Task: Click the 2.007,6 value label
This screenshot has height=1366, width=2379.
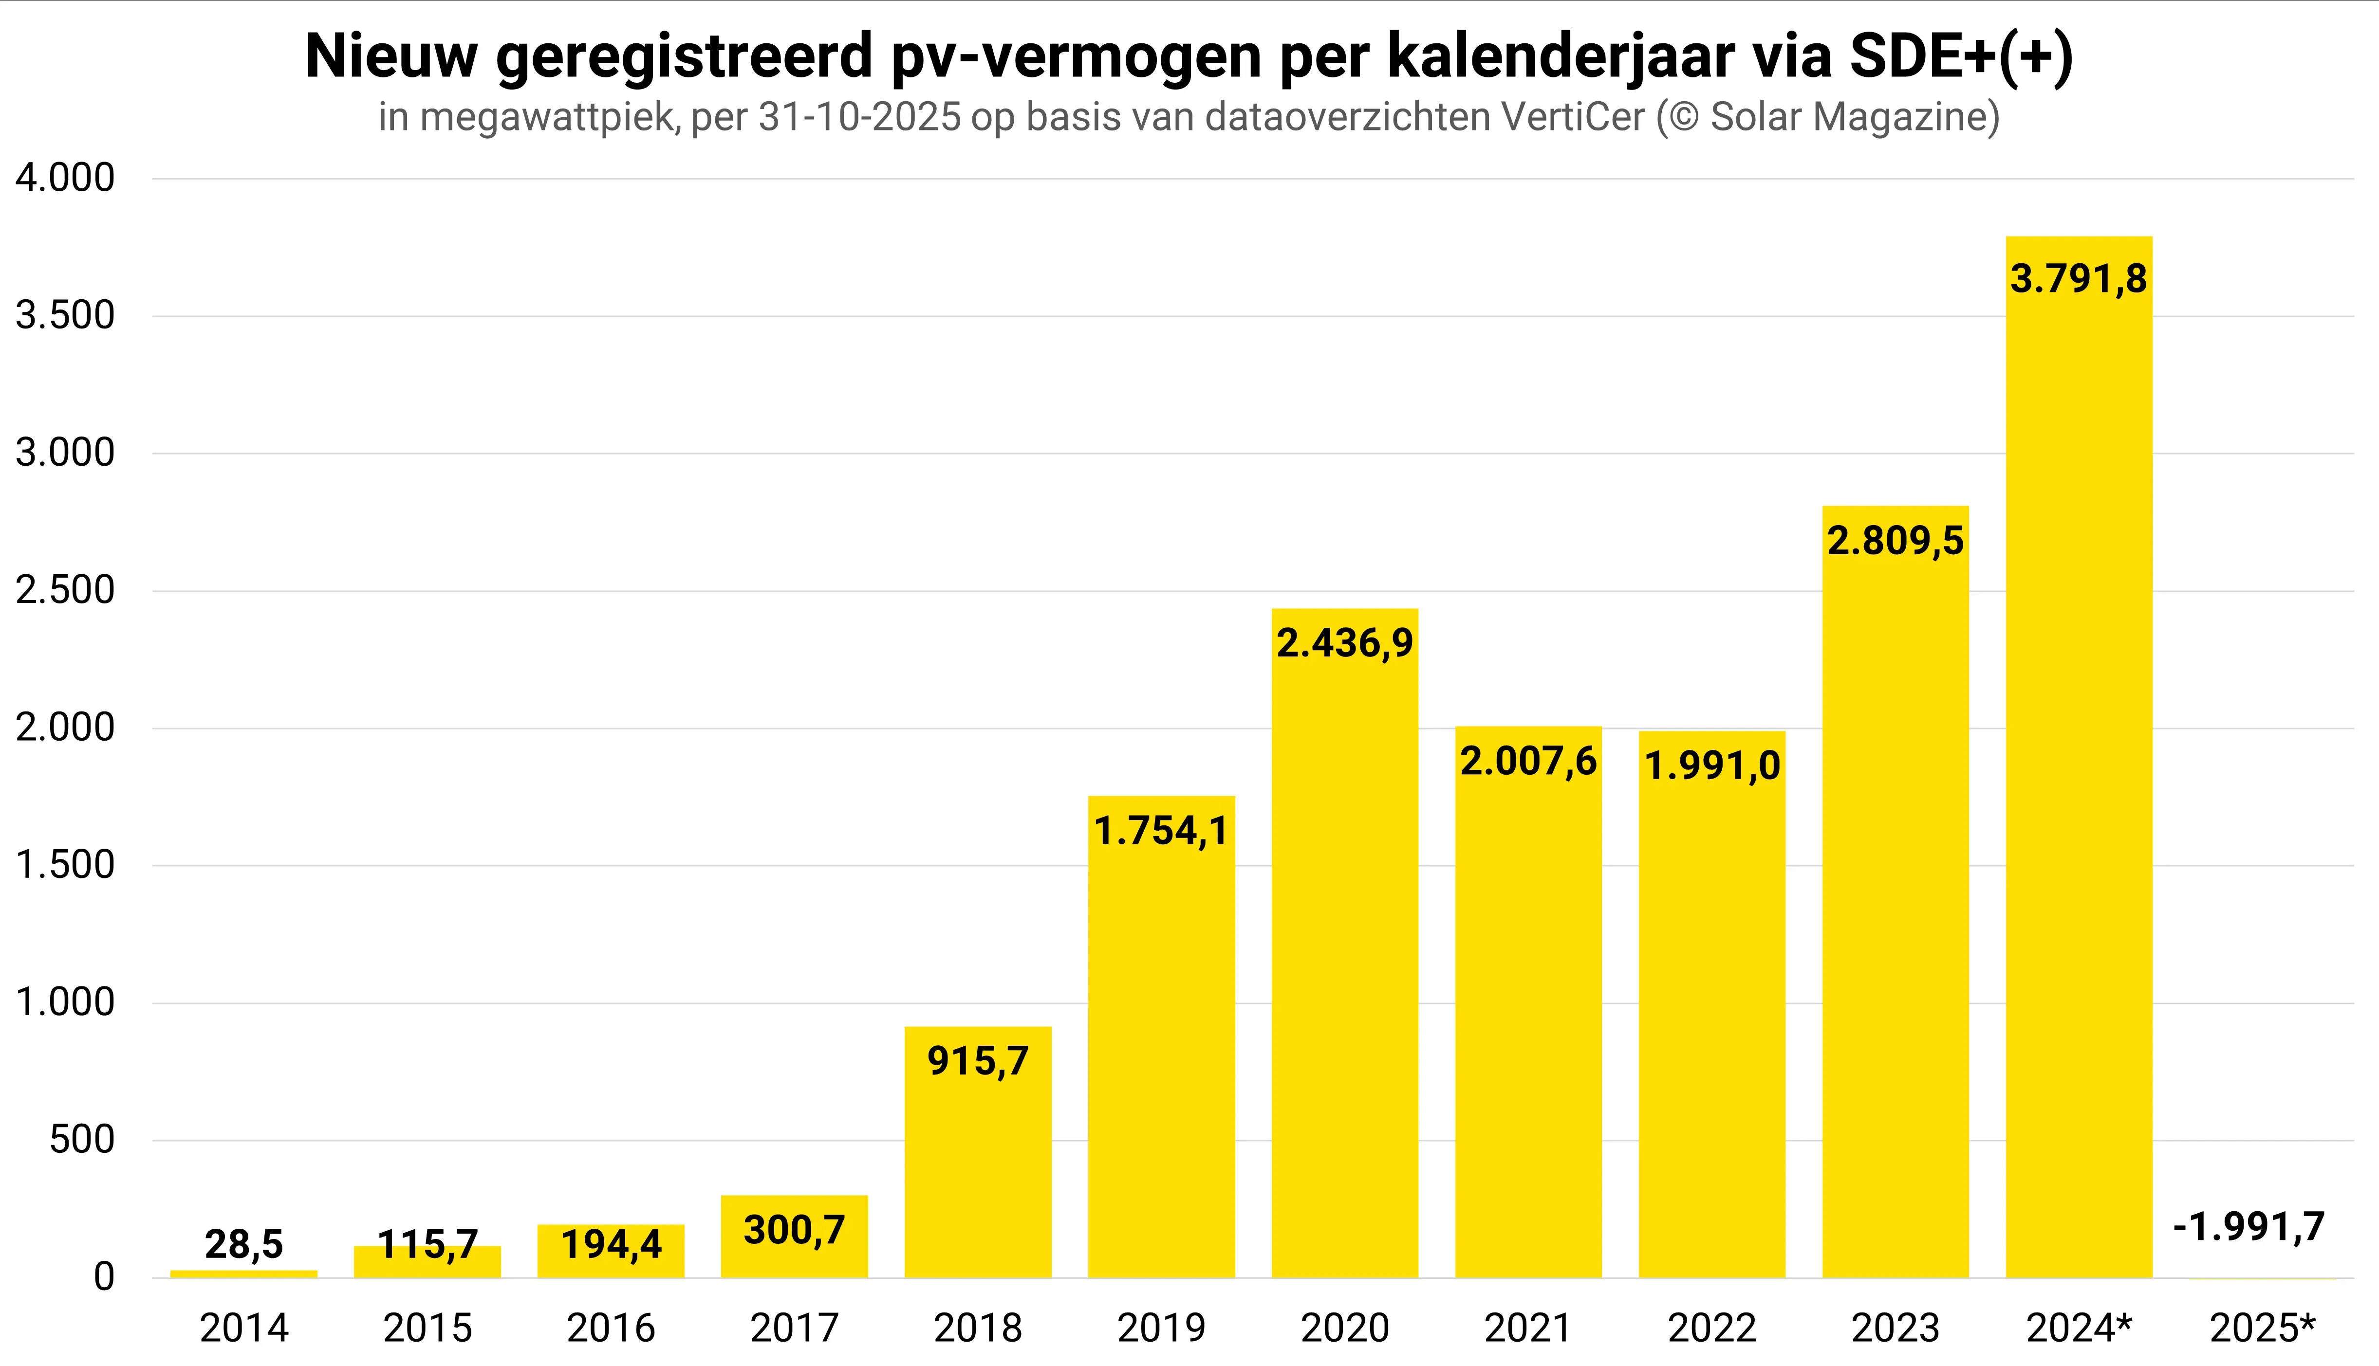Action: (1528, 761)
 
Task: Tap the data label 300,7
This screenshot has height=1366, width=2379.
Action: (794, 1230)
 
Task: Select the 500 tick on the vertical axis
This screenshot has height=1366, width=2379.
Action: (82, 1140)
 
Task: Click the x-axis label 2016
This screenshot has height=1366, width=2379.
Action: (611, 1329)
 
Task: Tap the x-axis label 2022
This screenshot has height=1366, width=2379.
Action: (1712, 1329)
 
